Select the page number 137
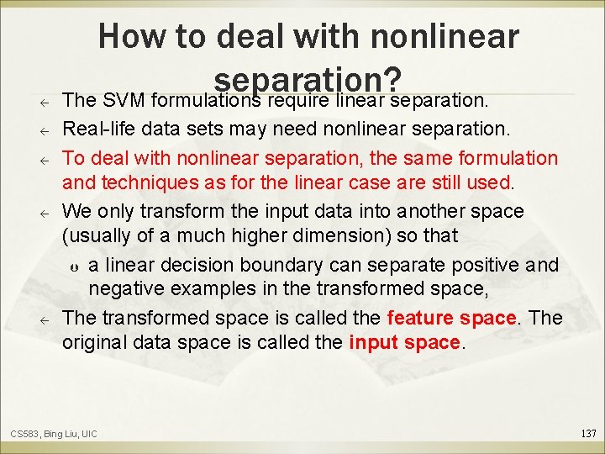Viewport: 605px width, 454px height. pos(588,433)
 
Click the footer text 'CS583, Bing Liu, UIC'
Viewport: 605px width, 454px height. pos(54,434)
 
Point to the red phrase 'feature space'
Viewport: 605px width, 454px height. pos(452,318)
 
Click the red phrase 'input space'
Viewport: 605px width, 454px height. pos(405,342)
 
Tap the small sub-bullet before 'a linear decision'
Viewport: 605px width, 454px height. pos(74,267)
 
